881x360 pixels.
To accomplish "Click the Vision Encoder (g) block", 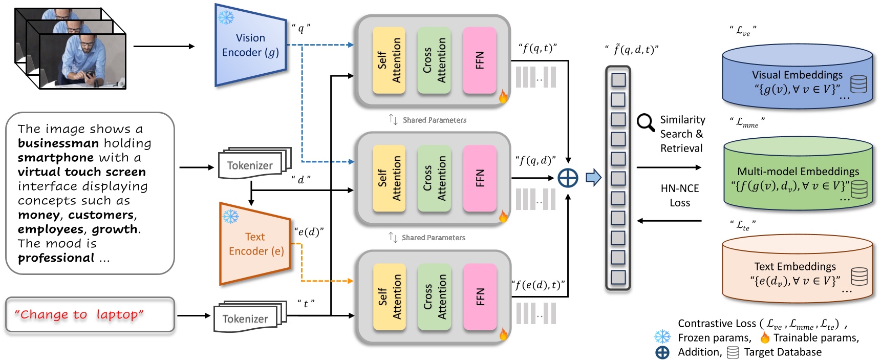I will tap(250, 45).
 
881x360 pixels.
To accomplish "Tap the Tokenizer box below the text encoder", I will tap(245, 319).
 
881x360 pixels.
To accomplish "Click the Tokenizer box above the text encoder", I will tap(250, 165).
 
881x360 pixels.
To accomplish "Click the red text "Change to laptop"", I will tap(79, 314).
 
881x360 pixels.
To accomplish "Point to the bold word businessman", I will tap(58, 143).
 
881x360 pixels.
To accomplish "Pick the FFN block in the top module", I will tap(480, 60).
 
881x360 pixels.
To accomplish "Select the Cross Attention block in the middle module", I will tap(434, 178).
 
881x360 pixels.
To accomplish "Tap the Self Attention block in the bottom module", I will tap(389, 297).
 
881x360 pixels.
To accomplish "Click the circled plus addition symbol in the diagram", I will tap(568, 178).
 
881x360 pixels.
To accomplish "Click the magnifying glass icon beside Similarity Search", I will tap(646, 123).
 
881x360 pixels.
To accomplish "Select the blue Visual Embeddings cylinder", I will tap(797, 77).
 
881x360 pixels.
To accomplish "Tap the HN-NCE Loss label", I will tap(680, 196).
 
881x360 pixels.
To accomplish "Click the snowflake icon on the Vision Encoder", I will tap(226, 17).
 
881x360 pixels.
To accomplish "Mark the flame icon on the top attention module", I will tap(503, 96).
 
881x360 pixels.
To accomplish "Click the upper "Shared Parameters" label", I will tap(434, 120).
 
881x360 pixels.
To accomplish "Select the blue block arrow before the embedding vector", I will tap(593, 178).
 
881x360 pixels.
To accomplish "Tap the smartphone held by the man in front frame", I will tap(90, 74).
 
